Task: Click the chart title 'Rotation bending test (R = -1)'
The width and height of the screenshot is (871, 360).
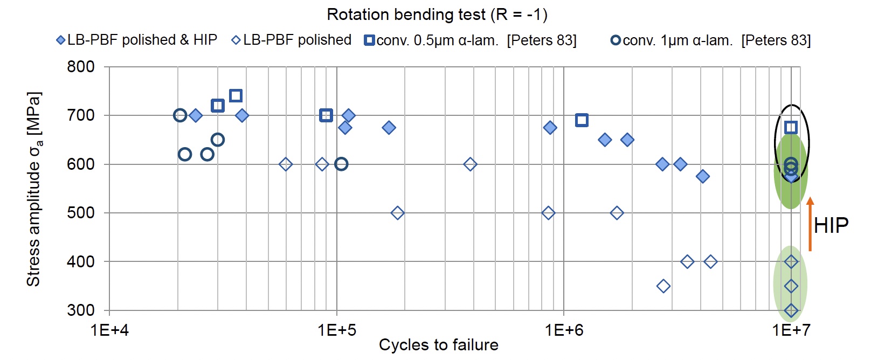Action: point(437,15)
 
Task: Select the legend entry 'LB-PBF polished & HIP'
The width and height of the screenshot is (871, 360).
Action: point(137,40)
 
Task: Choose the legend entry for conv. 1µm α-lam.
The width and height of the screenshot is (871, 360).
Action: point(711,40)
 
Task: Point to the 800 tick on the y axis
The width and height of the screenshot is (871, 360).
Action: point(81,67)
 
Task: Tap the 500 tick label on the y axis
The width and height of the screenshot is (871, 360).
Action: point(81,213)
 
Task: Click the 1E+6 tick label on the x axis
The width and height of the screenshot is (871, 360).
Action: point(564,330)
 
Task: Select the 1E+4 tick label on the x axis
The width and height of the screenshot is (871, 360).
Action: point(109,330)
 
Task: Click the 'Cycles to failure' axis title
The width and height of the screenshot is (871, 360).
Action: point(439,345)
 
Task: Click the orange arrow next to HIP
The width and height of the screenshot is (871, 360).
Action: point(810,224)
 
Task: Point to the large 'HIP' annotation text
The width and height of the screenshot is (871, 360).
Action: point(831,225)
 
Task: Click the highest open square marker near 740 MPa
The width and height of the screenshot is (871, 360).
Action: point(236,95)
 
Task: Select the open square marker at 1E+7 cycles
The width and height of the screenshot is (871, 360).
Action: point(791,128)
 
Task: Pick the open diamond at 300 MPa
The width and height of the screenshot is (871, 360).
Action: point(791,310)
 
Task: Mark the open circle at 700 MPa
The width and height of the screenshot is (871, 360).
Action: point(179,115)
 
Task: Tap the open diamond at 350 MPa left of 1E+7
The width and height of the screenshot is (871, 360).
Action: point(663,287)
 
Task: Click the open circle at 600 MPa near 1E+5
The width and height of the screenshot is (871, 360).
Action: point(341,164)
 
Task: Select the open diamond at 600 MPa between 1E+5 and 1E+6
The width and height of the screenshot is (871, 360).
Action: point(470,164)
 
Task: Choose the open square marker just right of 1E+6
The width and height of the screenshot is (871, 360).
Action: point(582,120)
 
